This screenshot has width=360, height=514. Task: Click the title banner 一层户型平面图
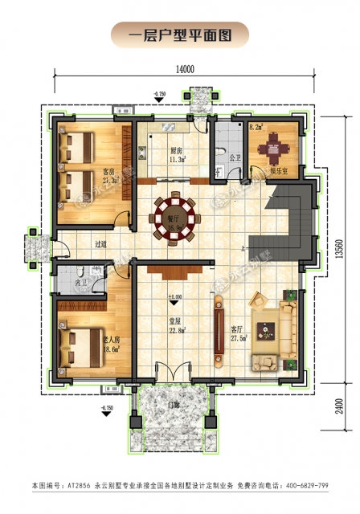click(x=180, y=35)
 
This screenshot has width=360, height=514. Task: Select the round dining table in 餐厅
click(x=174, y=216)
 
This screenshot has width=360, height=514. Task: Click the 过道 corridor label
click(x=100, y=244)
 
